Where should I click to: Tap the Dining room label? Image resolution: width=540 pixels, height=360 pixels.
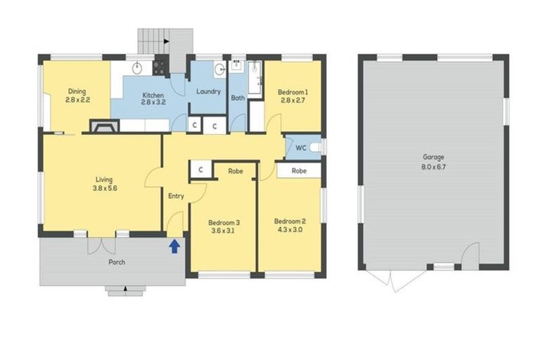pyautogui.click(x=77, y=91)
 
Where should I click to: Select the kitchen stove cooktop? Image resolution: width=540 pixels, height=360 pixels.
pyautogui.click(x=160, y=67)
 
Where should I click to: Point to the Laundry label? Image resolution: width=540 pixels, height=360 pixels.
pyautogui.click(x=208, y=91)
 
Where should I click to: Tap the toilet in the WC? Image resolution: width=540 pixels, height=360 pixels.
pyautogui.click(x=316, y=147)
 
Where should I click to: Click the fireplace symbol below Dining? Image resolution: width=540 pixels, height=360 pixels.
pyautogui.click(x=103, y=127)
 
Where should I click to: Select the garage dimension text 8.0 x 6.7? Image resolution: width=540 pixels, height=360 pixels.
pyautogui.click(x=434, y=167)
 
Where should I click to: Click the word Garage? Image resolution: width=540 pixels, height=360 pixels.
pyautogui.click(x=434, y=157)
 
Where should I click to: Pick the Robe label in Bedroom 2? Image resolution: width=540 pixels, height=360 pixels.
pyautogui.click(x=299, y=170)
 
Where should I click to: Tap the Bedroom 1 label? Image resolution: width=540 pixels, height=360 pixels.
pyautogui.click(x=292, y=92)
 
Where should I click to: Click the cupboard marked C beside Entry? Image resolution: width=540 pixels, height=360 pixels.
pyautogui.click(x=200, y=169)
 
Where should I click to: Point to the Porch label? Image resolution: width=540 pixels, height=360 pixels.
pyautogui.click(x=117, y=262)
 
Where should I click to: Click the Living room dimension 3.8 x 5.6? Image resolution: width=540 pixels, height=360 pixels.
pyautogui.click(x=103, y=188)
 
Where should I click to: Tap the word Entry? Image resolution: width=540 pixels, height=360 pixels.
pyautogui.click(x=176, y=196)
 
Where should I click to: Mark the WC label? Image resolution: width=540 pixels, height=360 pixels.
pyautogui.click(x=300, y=148)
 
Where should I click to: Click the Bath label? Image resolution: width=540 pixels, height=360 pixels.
pyautogui.click(x=238, y=98)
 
